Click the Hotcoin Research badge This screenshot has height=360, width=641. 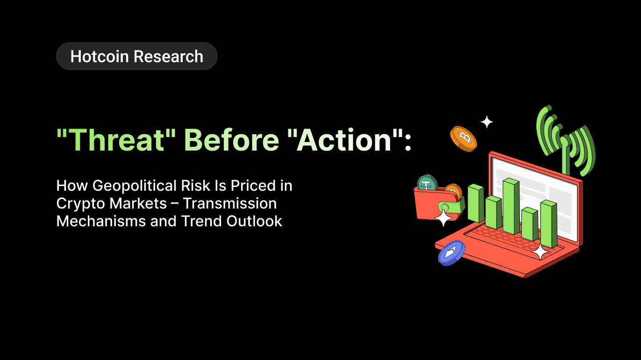click(136, 57)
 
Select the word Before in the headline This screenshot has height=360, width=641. click(231, 140)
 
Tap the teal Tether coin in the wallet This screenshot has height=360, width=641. click(427, 183)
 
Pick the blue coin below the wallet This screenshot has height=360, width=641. click(451, 253)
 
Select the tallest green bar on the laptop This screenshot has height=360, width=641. click(511, 206)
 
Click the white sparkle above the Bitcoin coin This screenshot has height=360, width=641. click(487, 122)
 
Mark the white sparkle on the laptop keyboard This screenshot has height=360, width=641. click(540, 252)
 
